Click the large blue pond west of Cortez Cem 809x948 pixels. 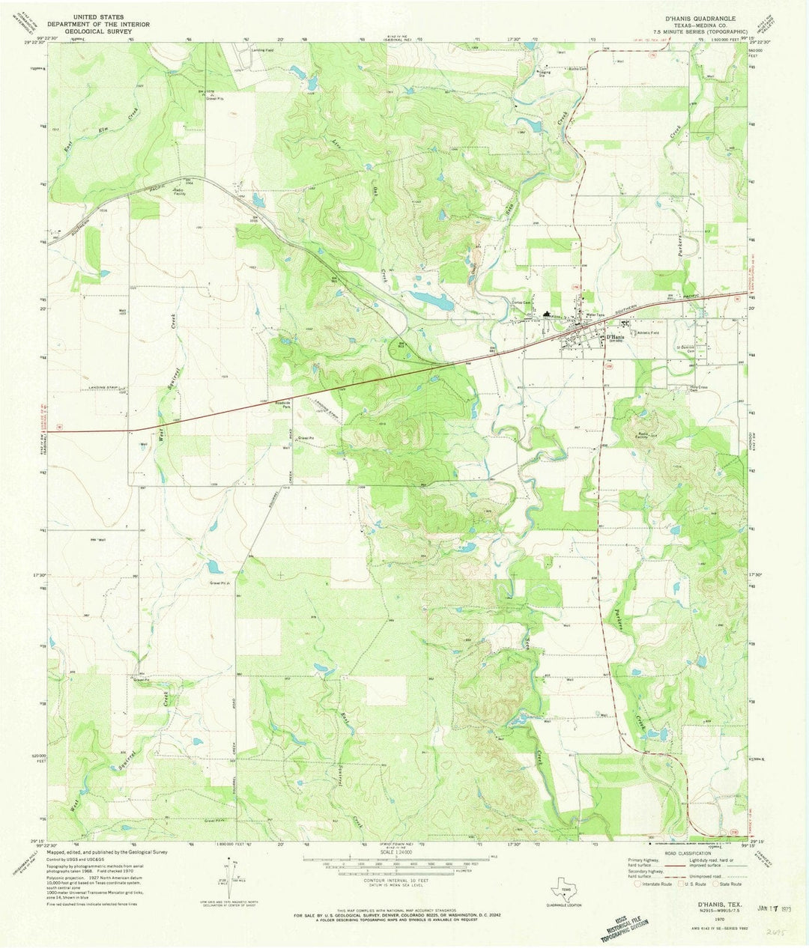[431, 301]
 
